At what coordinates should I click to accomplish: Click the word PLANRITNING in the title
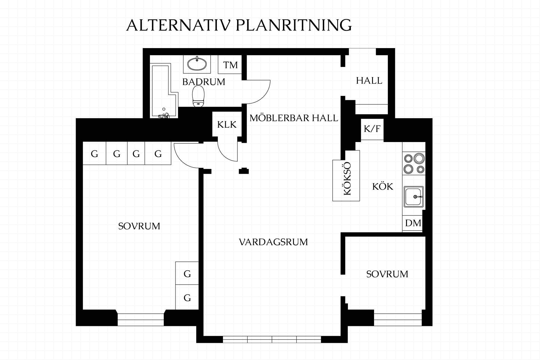[293, 25]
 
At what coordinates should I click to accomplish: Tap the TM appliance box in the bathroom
[230, 64]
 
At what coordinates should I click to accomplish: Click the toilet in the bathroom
[198, 96]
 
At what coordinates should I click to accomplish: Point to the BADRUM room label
[204, 82]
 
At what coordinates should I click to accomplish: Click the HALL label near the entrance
[369, 81]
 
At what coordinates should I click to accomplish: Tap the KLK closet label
[227, 125]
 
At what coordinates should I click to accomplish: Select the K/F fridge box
[372, 129]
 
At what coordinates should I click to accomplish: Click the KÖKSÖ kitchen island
[346, 176]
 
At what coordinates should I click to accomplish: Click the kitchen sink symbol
[414, 197]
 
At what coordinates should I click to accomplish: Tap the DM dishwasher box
[413, 223]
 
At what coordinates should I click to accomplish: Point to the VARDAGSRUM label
[273, 242]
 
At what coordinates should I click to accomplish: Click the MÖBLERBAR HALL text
[294, 118]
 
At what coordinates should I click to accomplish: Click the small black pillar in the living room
[244, 171]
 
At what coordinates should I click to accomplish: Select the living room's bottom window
[272, 339]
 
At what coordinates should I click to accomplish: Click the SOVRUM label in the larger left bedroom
[139, 226]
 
